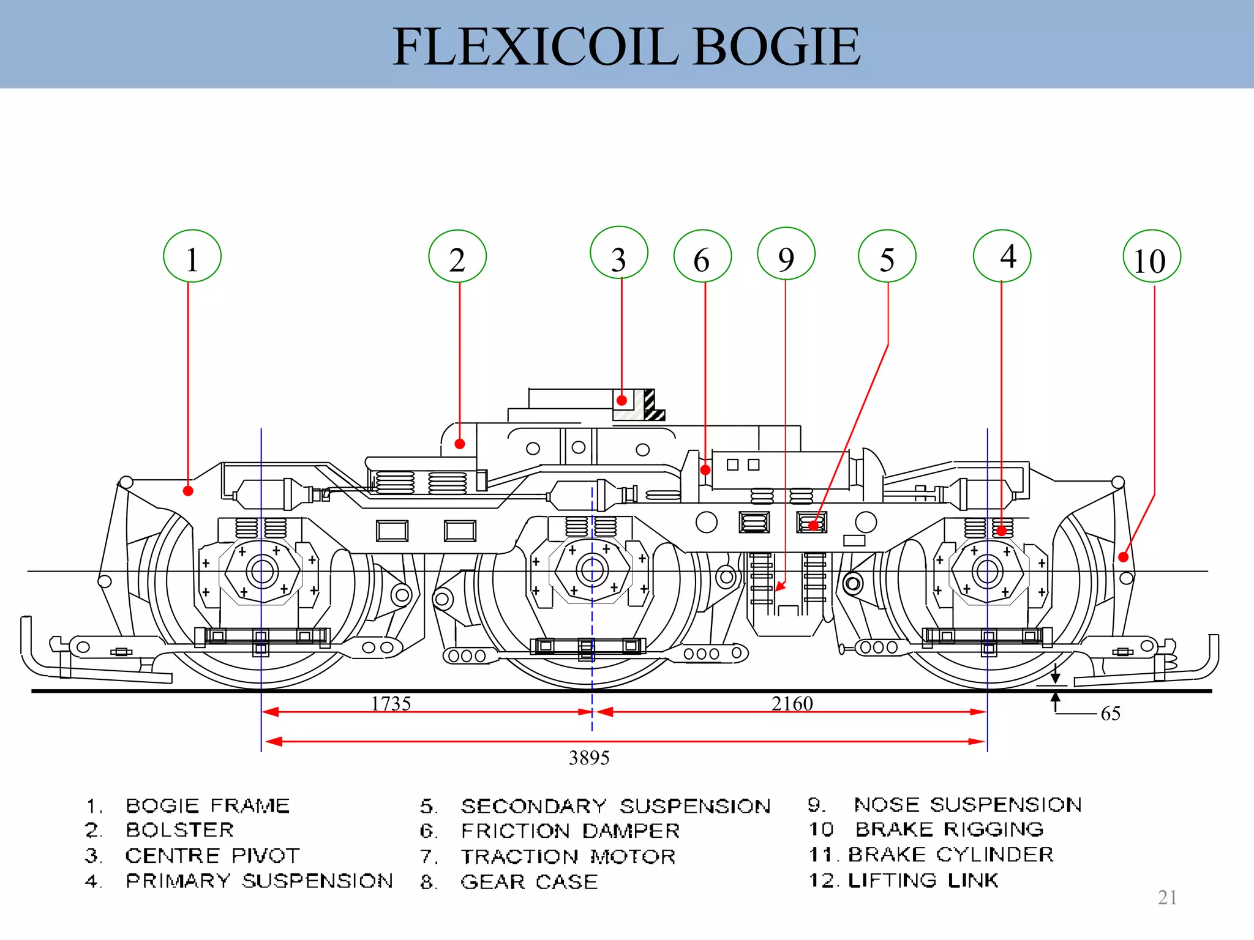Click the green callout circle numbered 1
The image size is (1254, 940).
[x=192, y=256]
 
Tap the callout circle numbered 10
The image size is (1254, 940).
[x=1152, y=256]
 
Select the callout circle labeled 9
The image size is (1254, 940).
[x=786, y=254]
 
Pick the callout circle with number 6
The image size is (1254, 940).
[x=702, y=256]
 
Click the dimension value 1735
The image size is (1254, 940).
[x=391, y=704]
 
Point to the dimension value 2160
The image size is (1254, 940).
[x=792, y=704]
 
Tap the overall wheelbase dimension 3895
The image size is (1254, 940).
[x=589, y=758]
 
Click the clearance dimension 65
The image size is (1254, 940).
[x=1110, y=714]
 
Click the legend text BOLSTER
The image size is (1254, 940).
[x=180, y=830]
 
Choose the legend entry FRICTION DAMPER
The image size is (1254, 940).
[x=570, y=831]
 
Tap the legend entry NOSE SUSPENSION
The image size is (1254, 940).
[x=967, y=805]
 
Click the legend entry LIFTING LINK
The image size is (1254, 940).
[x=923, y=881]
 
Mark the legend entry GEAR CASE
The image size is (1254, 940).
[x=529, y=882]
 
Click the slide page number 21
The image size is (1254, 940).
[x=1167, y=898]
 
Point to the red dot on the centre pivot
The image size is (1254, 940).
[x=621, y=401]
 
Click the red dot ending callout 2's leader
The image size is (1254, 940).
[x=460, y=444]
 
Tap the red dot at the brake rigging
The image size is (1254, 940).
[x=1123, y=557]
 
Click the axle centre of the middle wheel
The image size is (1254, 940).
[x=592, y=570]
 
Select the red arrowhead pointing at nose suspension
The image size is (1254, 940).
[x=779, y=587]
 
